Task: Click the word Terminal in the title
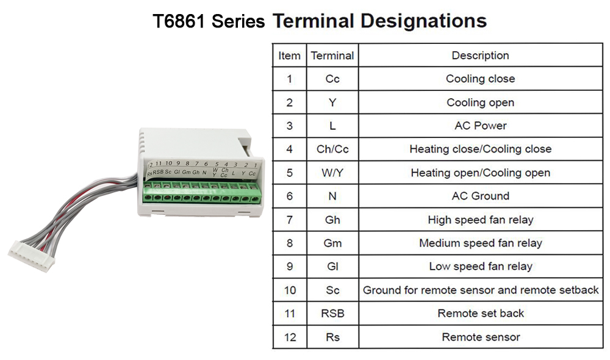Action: pos(313,21)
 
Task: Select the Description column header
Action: pos(480,56)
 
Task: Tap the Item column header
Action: pos(289,56)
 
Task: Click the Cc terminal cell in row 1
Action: pos(332,79)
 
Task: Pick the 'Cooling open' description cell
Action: pos(480,103)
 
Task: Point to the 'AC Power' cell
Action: pos(480,126)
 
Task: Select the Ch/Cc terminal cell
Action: pos(332,149)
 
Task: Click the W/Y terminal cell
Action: pos(332,173)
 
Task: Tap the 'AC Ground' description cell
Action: pos(480,196)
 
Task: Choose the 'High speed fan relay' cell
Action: pos(480,220)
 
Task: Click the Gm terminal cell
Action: pos(332,243)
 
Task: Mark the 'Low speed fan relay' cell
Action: pos(480,266)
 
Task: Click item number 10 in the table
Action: pos(289,290)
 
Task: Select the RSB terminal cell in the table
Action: pos(332,314)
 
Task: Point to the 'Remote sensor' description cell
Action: pos(480,337)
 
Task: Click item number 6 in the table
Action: pos(289,196)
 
